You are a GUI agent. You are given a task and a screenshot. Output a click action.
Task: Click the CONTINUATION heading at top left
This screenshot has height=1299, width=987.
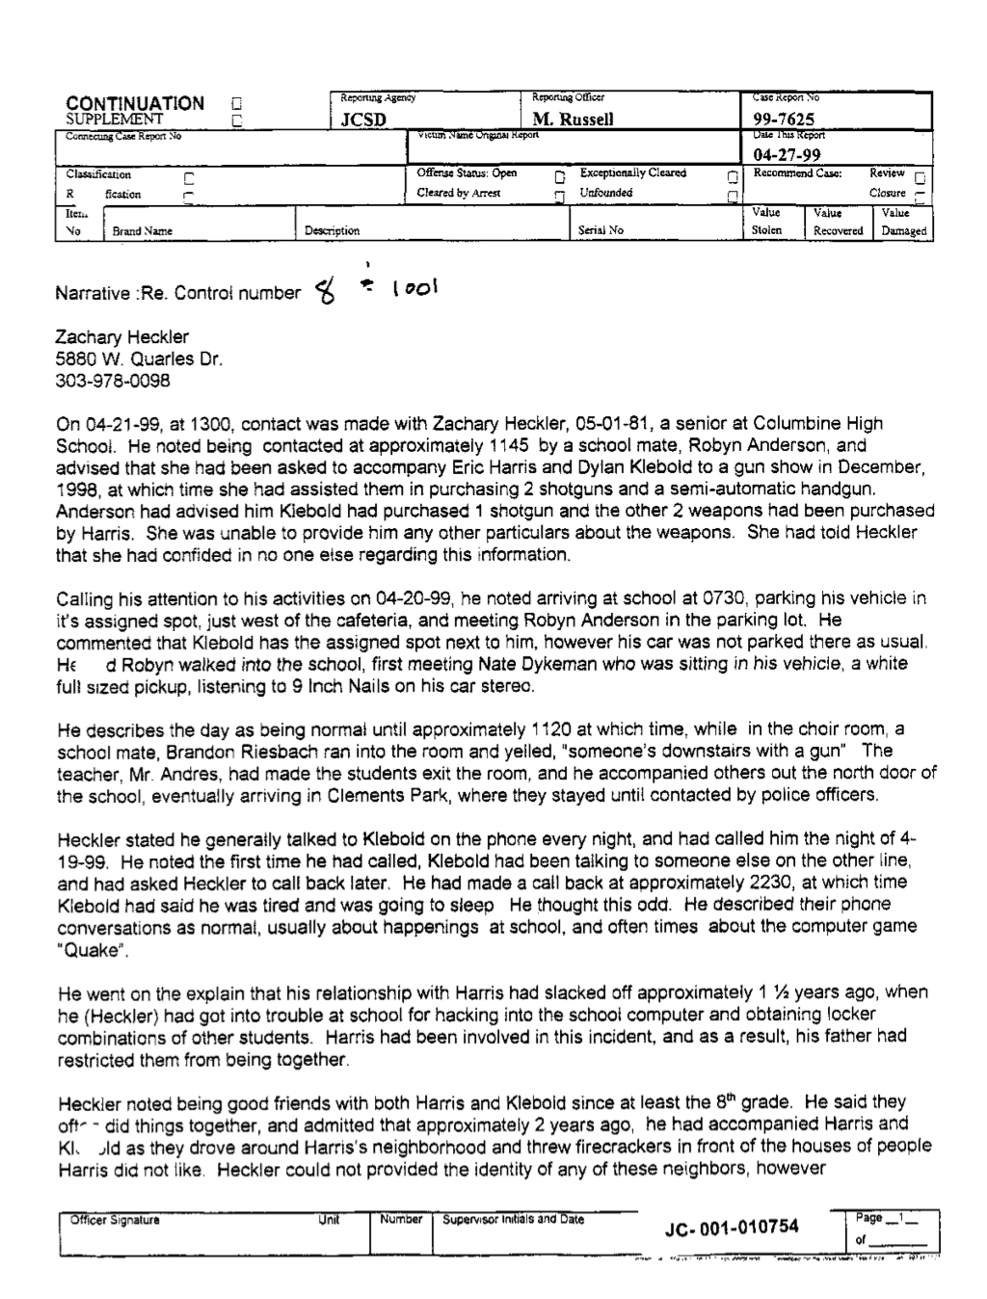point(135,103)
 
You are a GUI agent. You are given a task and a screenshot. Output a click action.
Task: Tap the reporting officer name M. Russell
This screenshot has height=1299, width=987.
point(573,120)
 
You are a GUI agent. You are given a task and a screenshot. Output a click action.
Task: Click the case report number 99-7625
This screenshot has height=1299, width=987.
point(784,120)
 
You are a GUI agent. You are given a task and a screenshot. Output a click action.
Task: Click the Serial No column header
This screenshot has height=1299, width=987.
point(601,231)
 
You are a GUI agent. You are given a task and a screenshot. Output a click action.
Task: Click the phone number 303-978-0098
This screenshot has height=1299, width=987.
point(114,381)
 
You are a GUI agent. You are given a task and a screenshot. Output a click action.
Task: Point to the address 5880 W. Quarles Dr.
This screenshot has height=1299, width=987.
point(141,359)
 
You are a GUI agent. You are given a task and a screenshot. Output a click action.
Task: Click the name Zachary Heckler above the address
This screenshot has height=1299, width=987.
point(121,337)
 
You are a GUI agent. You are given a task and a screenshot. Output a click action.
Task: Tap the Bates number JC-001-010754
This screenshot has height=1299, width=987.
point(732,1226)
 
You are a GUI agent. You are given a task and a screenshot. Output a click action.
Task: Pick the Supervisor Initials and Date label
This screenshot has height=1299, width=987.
point(513,1219)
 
